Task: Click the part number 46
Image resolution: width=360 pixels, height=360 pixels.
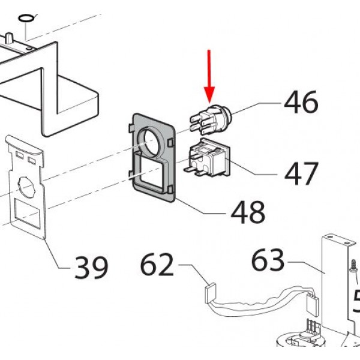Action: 301,103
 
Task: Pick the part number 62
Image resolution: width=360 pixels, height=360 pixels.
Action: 157,264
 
